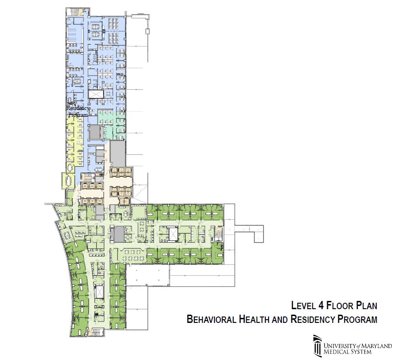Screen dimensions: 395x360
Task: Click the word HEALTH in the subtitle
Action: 254,319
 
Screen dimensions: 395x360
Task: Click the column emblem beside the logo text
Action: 318,345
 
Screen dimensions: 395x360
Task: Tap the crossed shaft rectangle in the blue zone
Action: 96,94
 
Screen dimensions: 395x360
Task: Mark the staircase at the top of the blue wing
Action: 75,11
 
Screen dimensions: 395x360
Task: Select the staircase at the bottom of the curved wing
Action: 97,332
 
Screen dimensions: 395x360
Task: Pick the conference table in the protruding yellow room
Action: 69,180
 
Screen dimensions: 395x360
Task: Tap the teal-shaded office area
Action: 111,123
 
